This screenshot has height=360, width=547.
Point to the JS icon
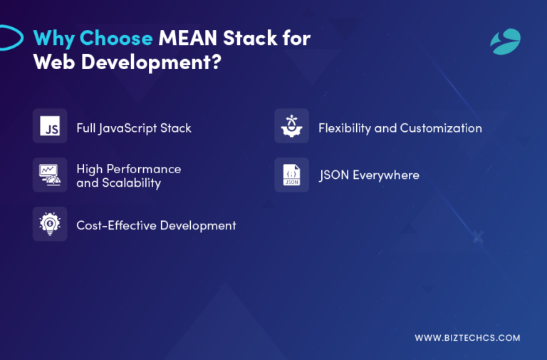pos(50,126)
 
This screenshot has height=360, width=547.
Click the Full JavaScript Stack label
pos(134,128)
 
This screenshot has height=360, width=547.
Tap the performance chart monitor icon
pos(50,175)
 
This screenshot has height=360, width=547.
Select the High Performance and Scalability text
pos(128,175)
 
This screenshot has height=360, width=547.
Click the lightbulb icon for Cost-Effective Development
pos(50,224)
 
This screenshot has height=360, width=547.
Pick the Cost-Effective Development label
pos(156,225)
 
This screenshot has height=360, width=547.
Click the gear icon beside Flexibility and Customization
pos(291,126)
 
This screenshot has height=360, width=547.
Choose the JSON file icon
pos(291,175)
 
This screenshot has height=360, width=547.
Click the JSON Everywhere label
pos(369,175)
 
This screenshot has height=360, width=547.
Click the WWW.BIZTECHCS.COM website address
pos(467,338)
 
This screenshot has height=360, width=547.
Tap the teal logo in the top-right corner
pos(505,41)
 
